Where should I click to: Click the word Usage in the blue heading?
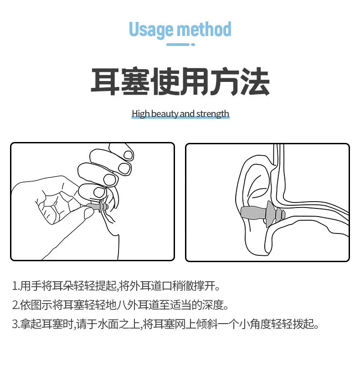coord(151,30)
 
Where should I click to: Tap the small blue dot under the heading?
coord(193,45)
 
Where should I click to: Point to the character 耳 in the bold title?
coord(105,81)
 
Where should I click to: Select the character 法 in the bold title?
coord(255,81)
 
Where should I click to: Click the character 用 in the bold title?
coord(195,81)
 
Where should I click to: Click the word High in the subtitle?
coord(141,114)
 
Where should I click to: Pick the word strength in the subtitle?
coord(213,114)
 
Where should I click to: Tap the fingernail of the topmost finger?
coord(128,155)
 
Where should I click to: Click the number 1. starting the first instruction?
coord(15,286)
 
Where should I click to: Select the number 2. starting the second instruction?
coord(16,305)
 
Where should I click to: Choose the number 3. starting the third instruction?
coord(16,324)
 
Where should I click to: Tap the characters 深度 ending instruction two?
coord(213,305)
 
